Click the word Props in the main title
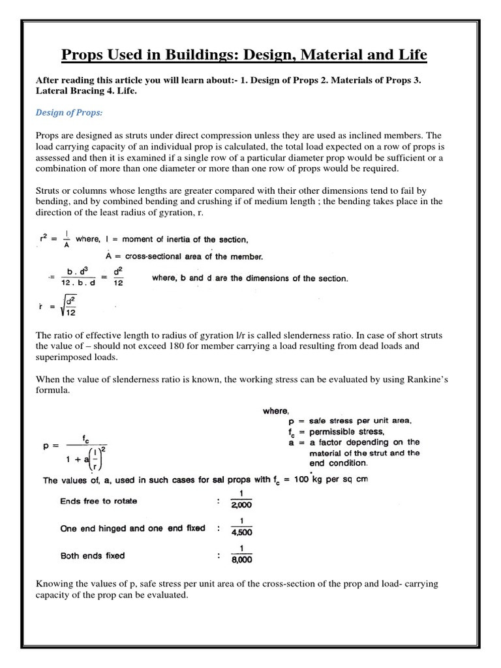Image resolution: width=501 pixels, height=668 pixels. [x=82, y=55]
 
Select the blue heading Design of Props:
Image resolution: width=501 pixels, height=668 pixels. [x=68, y=113]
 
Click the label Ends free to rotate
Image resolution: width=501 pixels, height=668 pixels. [x=98, y=502]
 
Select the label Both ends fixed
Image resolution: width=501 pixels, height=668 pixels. [x=92, y=556]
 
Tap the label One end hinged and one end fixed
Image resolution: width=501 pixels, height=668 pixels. [x=132, y=528]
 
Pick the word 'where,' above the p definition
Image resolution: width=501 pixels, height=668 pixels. [x=275, y=410]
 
